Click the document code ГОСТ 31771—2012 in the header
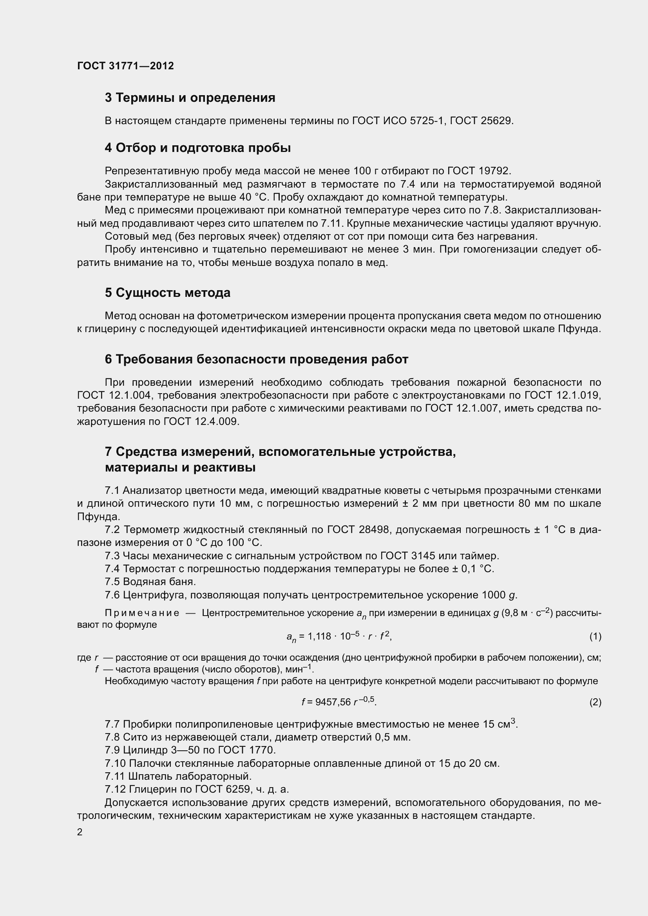pos(125,66)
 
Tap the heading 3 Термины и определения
pos(190,98)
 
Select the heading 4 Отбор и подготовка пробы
pos(197,148)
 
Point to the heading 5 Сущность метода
pos(168,293)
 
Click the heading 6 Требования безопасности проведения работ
pos(256,360)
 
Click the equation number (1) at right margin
pos(596,637)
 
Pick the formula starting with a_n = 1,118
pos(339,637)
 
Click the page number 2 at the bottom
pos(80,832)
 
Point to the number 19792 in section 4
pos(494,171)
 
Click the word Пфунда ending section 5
pos(581,329)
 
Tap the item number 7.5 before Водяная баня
pos(112,582)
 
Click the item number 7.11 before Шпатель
pos(114,776)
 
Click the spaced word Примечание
pos(142,613)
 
